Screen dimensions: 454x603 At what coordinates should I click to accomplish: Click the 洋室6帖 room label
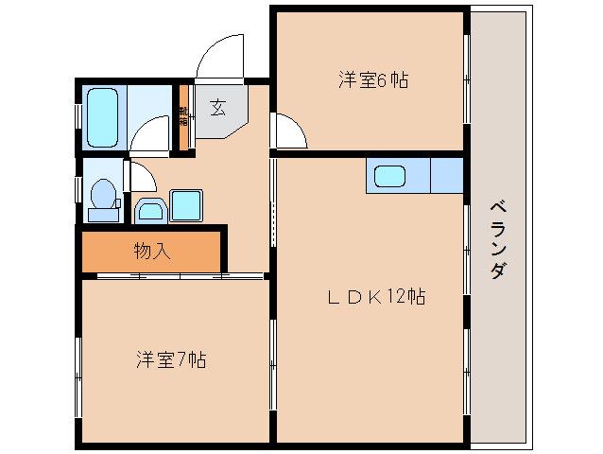373,80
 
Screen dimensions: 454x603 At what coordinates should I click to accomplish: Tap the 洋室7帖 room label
170,359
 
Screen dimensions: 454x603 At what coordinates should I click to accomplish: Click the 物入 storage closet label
151,252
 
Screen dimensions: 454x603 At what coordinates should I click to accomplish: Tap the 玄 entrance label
217,107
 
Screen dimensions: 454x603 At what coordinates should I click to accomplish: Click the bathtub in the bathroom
102,117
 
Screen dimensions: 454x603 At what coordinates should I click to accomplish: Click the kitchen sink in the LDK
390,176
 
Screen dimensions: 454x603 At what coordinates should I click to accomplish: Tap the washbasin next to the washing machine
148,210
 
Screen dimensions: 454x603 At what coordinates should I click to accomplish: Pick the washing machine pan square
186,205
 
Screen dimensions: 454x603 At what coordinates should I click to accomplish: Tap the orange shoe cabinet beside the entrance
184,118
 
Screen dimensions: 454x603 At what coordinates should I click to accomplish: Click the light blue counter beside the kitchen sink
447,176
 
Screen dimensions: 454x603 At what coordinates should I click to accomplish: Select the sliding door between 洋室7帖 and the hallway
180,276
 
